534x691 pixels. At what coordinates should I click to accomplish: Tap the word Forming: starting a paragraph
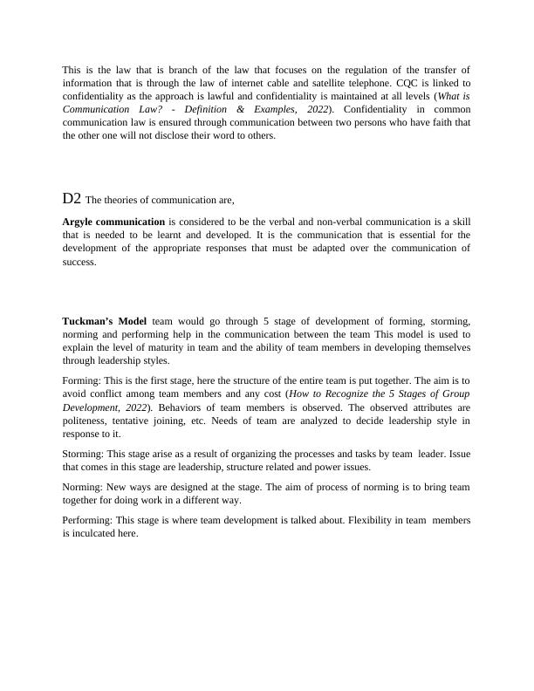click(82, 380)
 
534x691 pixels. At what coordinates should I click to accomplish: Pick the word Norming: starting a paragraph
click(83, 487)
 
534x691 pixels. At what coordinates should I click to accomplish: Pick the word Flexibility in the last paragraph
click(373, 520)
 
